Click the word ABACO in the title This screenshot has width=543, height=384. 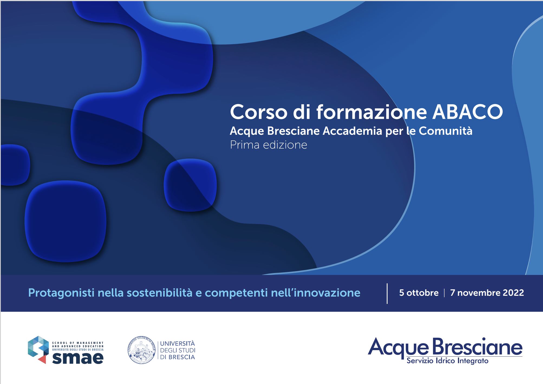click(467, 112)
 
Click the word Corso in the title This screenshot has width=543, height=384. click(259, 112)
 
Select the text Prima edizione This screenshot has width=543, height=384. click(268, 145)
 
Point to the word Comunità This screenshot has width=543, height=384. click(446, 131)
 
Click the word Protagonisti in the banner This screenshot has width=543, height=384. click(61, 293)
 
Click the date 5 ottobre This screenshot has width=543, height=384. click(419, 293)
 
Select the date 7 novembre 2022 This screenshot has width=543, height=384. click(487, 293)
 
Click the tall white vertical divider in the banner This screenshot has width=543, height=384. click(387, 294)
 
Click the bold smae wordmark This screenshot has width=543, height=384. click(78, 358)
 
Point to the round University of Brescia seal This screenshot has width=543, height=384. click(141, 350)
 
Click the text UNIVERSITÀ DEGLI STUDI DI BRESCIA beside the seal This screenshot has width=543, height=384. click(177, 350)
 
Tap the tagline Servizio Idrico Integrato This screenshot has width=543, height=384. click(447, 361)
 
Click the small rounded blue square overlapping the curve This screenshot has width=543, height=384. click(190, 185)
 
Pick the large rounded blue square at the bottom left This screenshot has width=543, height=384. click(66, 221)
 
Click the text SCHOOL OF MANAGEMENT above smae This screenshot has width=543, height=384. click(78, 343)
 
